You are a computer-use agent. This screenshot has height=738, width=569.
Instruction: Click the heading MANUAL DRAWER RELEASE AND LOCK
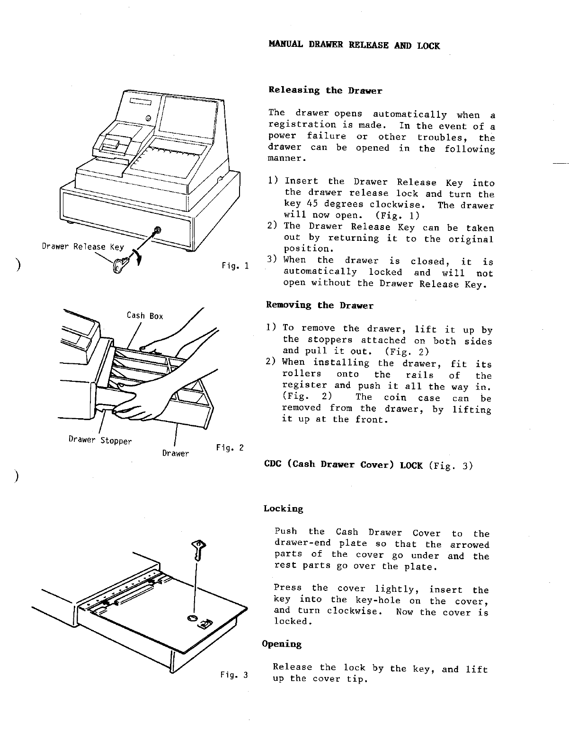(354, 46)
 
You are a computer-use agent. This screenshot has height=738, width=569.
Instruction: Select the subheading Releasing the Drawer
(325, 90)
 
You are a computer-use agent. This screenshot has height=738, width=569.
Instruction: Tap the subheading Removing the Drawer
(320, 306)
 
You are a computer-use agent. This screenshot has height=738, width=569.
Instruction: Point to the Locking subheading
(283, 509)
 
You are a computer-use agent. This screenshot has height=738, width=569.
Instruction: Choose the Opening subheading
(282, 644)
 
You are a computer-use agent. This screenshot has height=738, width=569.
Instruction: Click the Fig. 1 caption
(235, 266)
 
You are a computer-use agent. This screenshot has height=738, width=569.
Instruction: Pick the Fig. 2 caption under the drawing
(229, 447)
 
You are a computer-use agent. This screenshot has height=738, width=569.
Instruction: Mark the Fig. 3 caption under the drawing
(234, 675)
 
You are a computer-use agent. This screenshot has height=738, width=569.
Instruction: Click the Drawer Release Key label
(83, 247)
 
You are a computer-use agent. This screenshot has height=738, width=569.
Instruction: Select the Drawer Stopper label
(100, 440)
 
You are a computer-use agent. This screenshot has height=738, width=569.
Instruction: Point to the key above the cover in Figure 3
(198, 551)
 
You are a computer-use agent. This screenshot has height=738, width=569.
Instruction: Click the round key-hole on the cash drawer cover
(193, 618)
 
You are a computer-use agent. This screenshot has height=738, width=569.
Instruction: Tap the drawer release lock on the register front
(158, 230)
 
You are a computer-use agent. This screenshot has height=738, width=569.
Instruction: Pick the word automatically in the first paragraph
(410, 114)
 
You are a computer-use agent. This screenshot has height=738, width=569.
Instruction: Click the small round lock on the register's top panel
(149, 117)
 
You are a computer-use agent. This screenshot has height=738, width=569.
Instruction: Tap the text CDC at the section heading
(273, 465)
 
